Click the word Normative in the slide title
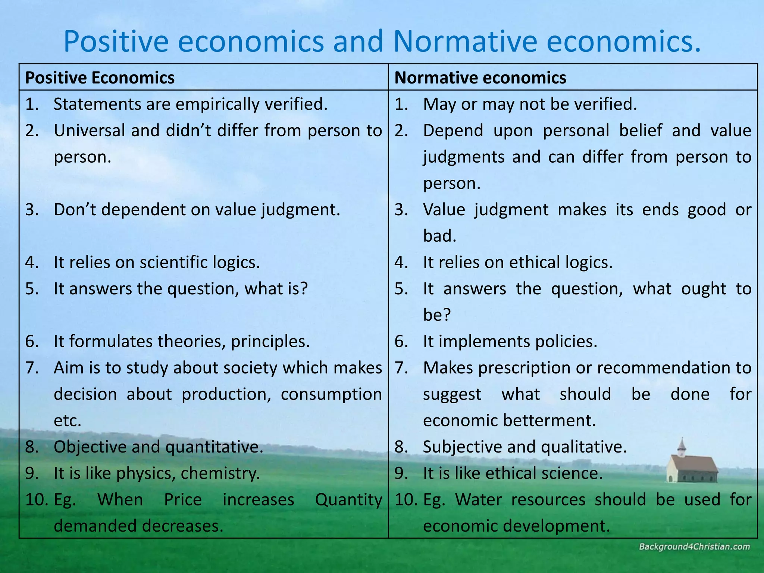pyautogui.click(x=464, y=42)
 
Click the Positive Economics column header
pyautogui.click(x=100, y=78)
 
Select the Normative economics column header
pyautogui.click(x=480, y=78)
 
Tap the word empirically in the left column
pyautogui.click(x=218, y=104)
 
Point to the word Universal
pyautogui.click(x=89, y=131)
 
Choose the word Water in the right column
pyautogui.click(x=479, y=500)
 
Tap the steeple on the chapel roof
pyautogui.click(x=682, y=445)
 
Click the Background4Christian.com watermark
pyautogui.click(x=694, y=547)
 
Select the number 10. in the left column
pyautogui.click(x=37, y=500)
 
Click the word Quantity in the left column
pyautogui.click(x=348, y=500)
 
